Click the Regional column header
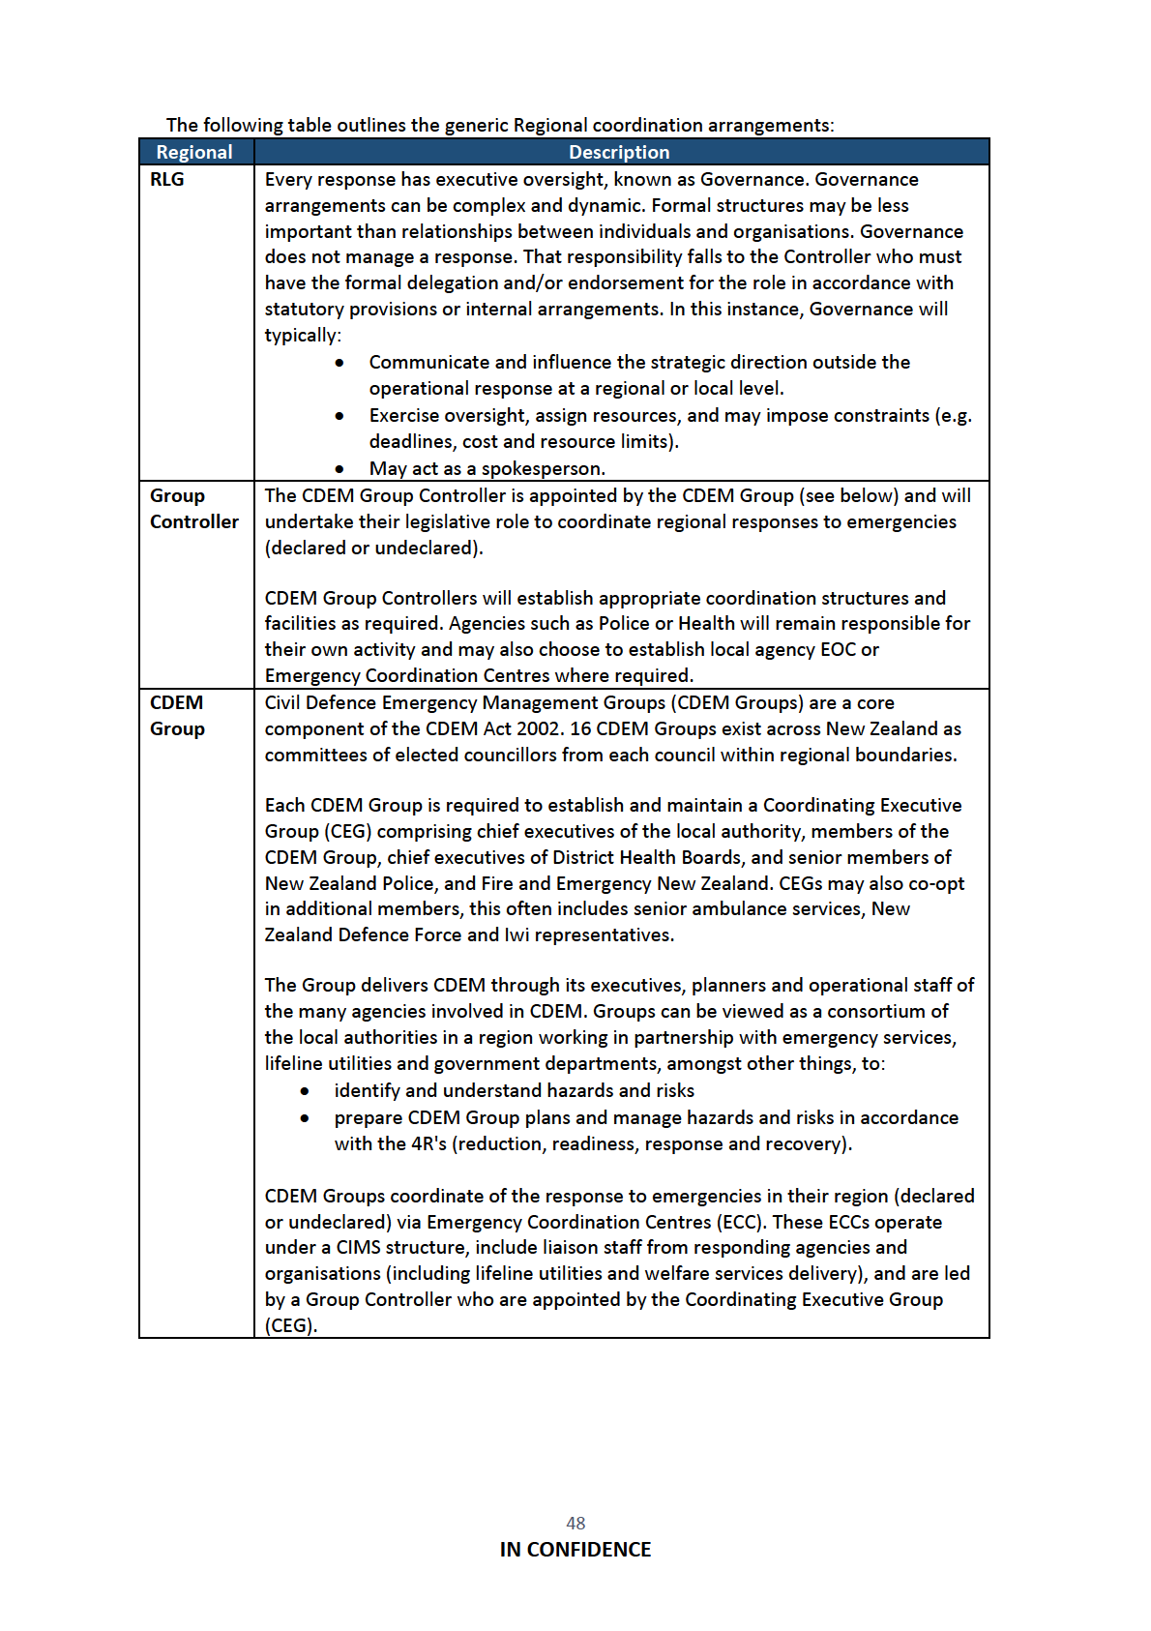click(x=194, y=152)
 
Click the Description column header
click(x=619, y=152)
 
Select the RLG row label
click(x=166, y=179)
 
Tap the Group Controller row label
click(x=193, y=509)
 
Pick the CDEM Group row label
click(x=177, y=716)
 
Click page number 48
click(x=575, y=1523)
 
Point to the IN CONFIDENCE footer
click(x=575, y=1550)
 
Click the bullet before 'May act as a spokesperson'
click(x=339, y=469)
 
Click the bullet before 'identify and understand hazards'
click(x=305, y=1091)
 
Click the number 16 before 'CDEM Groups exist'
click(x=580, y=728)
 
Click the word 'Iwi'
click(x=516, y=935)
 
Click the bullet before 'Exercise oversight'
click(x=339, y=416)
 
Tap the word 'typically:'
click(x=303, y=336)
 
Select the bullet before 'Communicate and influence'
click(x=339, y=363)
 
